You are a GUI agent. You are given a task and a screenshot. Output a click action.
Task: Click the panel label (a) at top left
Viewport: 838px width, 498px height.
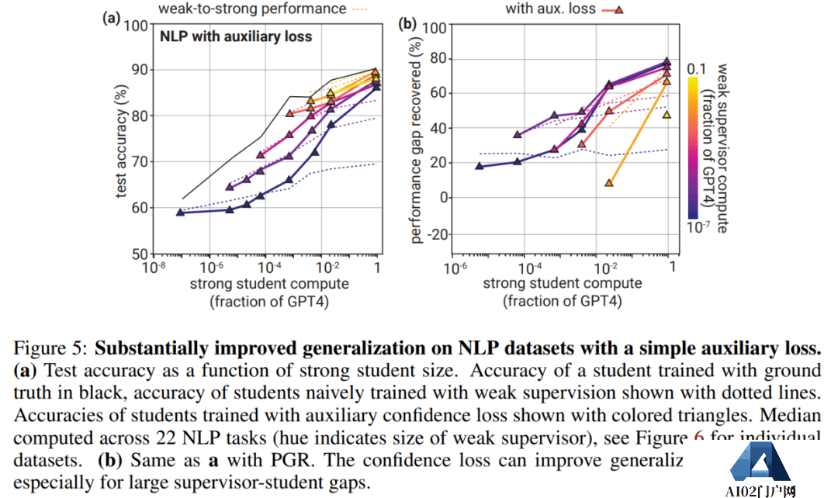tap(112, 17)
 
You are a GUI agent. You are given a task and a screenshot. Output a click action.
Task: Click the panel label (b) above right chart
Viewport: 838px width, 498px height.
tap(407, 24)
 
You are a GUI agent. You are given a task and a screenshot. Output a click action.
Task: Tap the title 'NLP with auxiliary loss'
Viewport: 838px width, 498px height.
tap(235, 36)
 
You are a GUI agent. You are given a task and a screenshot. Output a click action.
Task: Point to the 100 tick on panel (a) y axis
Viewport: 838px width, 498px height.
tap(135, 25)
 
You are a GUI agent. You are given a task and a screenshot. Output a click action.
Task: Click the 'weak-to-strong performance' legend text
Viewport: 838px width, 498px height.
tap(252, 9)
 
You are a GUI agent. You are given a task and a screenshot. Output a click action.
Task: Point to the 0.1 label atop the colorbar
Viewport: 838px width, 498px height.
tap(696, 69)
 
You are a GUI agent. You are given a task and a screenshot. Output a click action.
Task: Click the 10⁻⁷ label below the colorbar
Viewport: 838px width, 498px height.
tap(698, 227)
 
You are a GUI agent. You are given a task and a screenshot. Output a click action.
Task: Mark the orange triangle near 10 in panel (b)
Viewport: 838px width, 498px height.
tap(609, 183)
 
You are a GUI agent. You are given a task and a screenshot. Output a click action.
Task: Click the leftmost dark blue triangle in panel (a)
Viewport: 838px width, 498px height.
tap(180, 212)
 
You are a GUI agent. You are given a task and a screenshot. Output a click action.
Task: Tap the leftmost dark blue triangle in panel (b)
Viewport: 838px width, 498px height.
tap(479, 166)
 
